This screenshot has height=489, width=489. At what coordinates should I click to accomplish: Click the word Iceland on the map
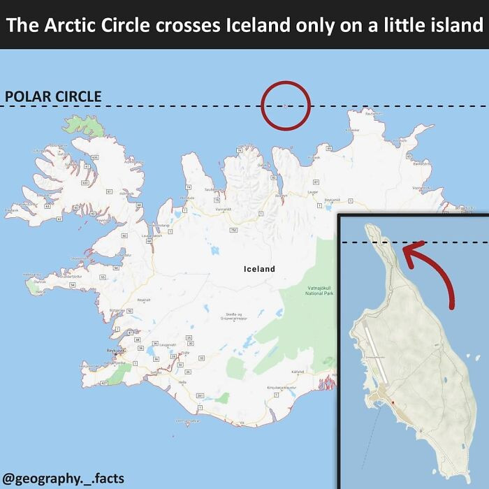tap(259, 269)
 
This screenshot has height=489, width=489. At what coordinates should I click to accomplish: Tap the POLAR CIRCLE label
tap(53, 97)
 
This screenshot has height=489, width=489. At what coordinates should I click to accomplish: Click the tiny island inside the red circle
tap(285, 105)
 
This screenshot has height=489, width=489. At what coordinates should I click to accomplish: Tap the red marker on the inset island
tap(393, 402)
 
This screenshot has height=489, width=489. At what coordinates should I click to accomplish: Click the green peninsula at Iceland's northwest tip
tap(89, 126)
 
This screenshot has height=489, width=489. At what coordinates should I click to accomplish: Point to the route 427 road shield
tap(105, 384)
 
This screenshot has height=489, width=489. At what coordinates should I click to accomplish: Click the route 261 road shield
tap(200, 396)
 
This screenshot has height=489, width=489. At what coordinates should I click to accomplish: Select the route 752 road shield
tap(233, 230)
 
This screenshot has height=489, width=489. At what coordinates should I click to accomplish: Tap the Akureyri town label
tap(281, 196)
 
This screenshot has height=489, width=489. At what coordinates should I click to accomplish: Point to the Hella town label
tap(182, 382)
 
